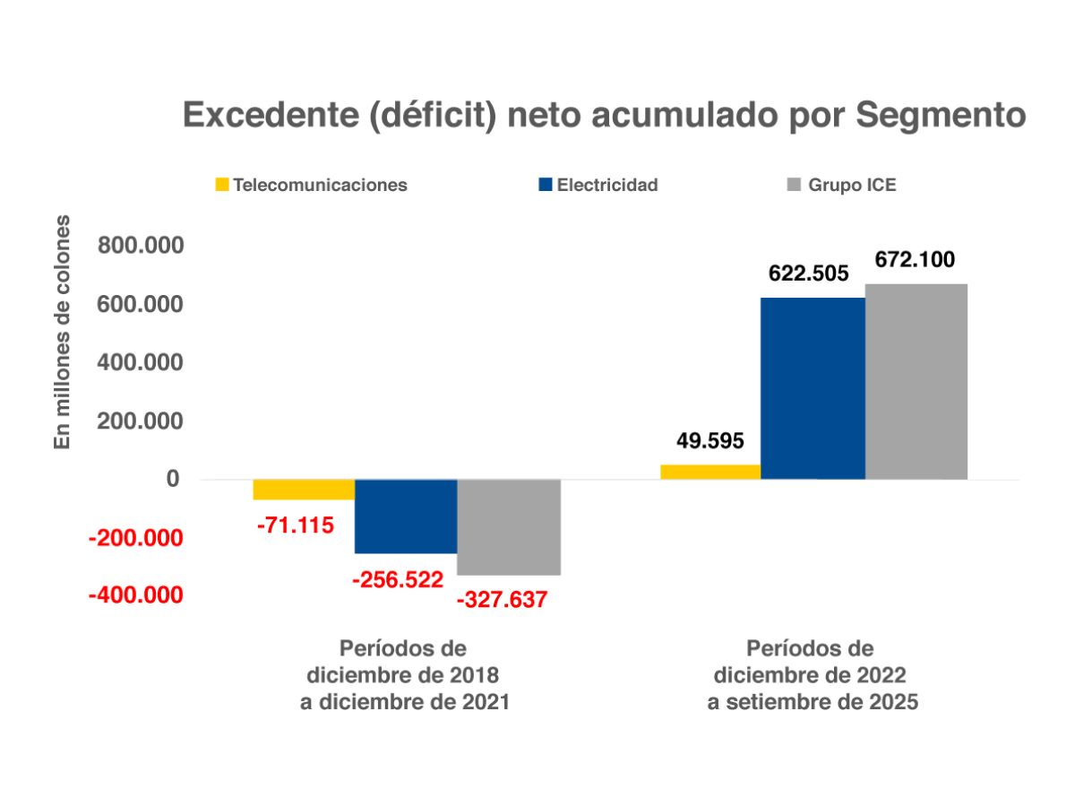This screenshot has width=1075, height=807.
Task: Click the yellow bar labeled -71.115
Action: tap(304, 490)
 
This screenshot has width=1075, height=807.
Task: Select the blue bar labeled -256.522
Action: tap(406, 516)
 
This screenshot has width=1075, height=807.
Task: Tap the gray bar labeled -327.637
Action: tap(509, 527)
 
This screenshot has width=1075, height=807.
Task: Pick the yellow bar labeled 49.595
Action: tap(710, 472)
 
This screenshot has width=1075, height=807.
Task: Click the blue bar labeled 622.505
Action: tap(813, 388)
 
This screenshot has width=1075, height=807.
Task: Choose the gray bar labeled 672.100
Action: tap(916, 381)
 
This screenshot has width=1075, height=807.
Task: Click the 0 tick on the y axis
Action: tap(172, 480)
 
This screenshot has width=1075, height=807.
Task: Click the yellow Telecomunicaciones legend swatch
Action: tap(220, 186)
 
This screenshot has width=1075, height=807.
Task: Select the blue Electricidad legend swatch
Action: tap(544, 186)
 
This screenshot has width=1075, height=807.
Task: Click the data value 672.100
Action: tap(915, 261)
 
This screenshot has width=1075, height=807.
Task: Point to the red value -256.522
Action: tap(398, 581)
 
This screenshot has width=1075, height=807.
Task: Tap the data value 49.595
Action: tap(710, 442)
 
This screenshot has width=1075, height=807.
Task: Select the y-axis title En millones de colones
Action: tap(62, 332)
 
